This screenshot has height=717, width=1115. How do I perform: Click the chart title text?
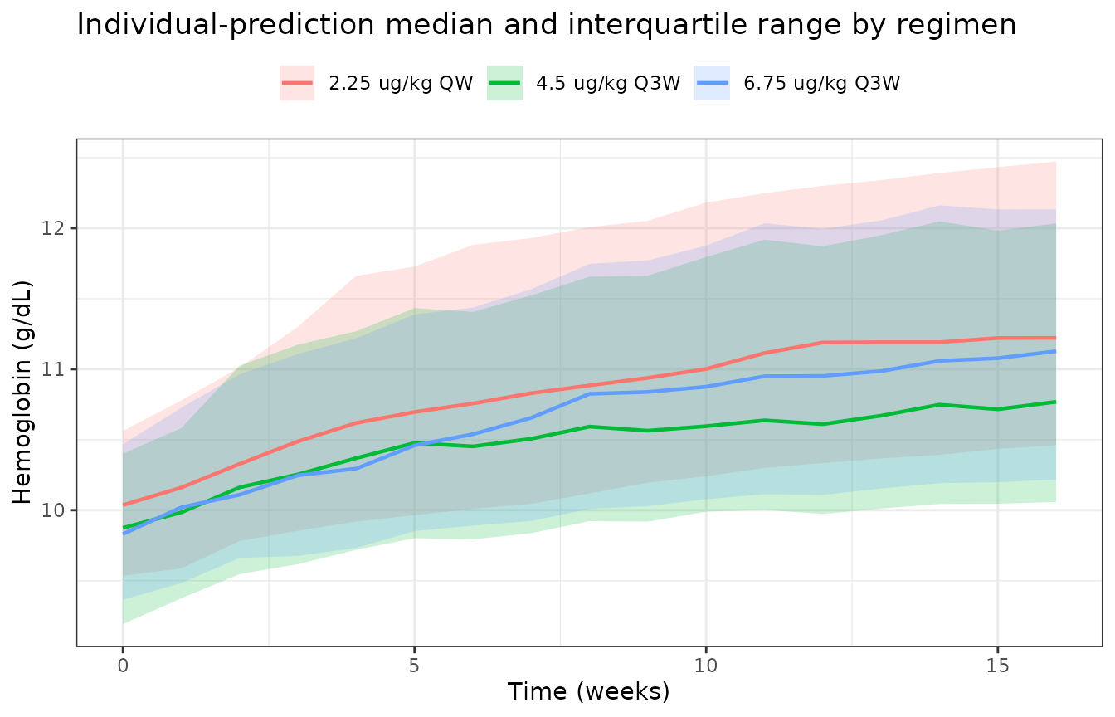[546, 25]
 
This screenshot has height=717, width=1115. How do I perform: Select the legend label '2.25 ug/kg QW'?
[401, 83]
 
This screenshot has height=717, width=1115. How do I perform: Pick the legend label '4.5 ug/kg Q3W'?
[608, 83]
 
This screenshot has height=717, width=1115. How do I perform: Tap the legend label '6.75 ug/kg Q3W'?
[822, 83]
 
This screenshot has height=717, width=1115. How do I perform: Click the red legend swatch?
[297, 83]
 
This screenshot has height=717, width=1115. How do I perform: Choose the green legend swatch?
[504, 83]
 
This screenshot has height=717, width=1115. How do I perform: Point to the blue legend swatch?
[713, 83]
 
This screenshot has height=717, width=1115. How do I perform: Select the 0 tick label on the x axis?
[123, 666]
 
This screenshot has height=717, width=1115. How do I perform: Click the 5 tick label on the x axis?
[414, 666]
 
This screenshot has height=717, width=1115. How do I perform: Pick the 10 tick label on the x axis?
[706, 666]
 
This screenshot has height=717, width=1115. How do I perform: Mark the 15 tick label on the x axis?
[997, 666]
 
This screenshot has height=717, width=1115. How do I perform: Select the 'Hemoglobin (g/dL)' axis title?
[22, 393]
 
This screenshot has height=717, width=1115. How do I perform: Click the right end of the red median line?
[1055, 338]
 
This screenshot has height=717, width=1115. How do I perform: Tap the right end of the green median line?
[1055, 402]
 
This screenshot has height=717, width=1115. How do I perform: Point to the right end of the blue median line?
[1055, 352]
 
